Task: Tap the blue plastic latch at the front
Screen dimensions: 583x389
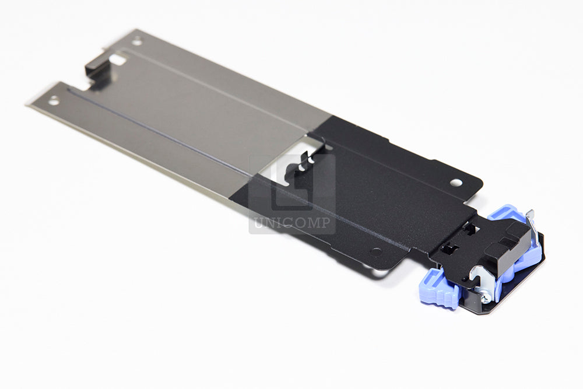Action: (440, 289)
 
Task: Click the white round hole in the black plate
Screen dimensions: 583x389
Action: (455, 183)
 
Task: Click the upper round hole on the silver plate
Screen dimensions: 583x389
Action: (137, 41)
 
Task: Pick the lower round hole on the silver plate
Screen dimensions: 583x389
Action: (54, 100)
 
